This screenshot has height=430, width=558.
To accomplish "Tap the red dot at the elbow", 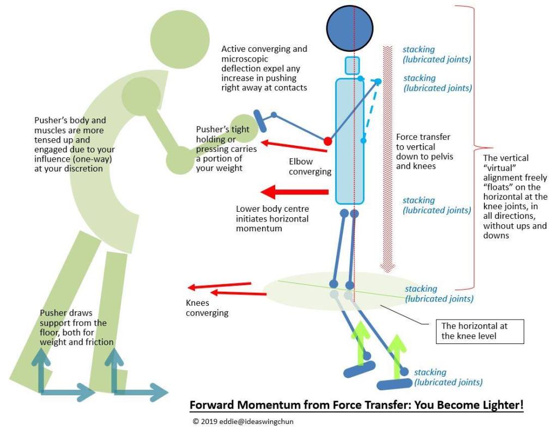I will click(x=327, y=141).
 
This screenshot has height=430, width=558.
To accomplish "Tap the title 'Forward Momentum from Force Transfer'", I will click(x=356, y=406).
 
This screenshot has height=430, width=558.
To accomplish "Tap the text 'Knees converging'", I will click(x=207, y=308).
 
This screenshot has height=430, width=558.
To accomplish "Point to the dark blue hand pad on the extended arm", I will click(x=259, y=121).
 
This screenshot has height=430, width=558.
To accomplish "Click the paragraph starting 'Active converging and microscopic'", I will click(x=264, y=68).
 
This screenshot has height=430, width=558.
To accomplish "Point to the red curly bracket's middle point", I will click(x=472, y=147).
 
